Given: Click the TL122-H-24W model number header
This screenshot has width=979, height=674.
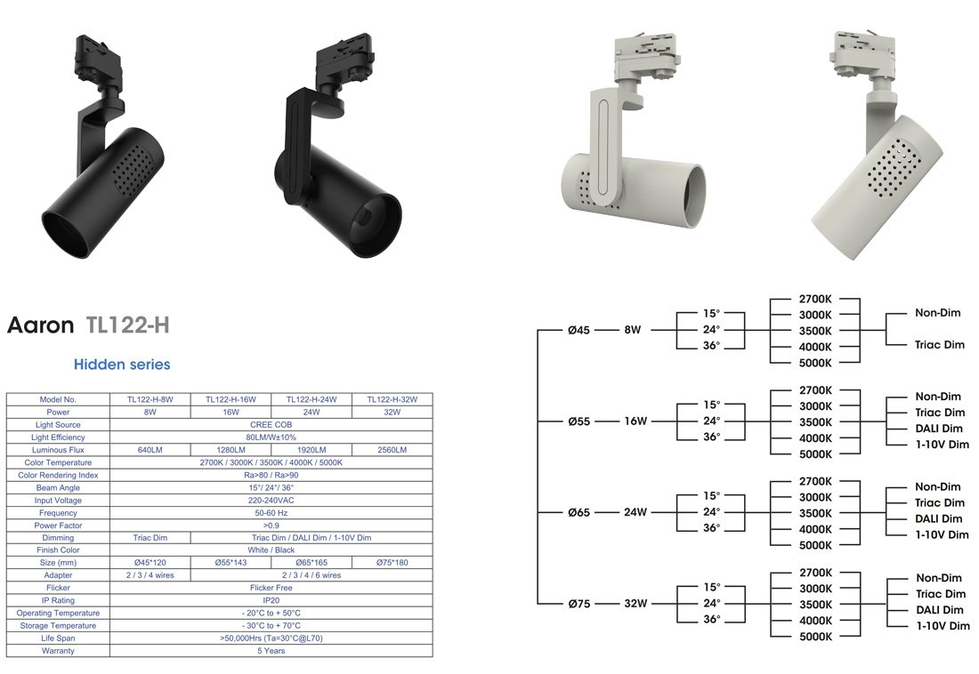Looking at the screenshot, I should tap(311, 400).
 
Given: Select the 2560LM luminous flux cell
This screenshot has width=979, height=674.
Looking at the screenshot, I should tap(392, 450).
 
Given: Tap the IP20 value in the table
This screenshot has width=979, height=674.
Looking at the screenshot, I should tap(271, 600).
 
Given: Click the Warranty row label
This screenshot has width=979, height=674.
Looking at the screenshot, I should tap(58, 651).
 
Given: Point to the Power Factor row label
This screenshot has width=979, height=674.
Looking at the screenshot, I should tap(58, 525).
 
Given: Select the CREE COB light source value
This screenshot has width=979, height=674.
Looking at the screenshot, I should tap(271, 425).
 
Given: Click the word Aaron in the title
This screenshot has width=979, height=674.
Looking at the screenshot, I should tap(40, 325).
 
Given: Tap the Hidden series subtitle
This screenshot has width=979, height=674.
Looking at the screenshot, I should tap(122, 365).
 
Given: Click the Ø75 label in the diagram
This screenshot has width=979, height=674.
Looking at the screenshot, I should tap(578, 604).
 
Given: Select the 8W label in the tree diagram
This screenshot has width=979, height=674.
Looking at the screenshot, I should tap(632, 330).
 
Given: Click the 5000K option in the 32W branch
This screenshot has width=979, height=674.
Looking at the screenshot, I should tap(815, 637).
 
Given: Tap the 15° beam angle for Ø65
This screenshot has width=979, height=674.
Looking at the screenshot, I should tap(711, 495).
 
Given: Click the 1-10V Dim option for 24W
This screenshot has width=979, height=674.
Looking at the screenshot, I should tap(943, 535).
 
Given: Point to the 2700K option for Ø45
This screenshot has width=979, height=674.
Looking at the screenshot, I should tap(815, 299).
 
